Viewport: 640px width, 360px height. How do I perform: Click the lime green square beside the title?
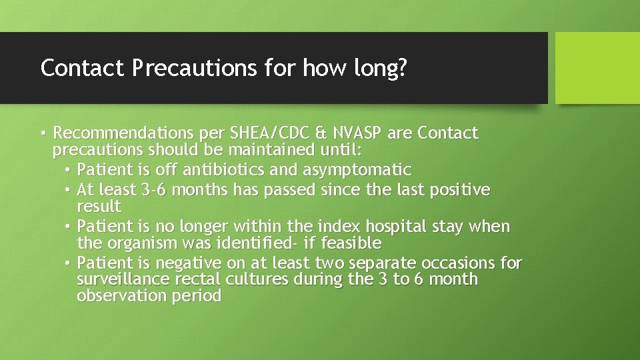pos(597,68)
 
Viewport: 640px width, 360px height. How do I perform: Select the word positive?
pos(460,191)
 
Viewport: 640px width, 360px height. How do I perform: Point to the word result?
pos(99,206)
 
